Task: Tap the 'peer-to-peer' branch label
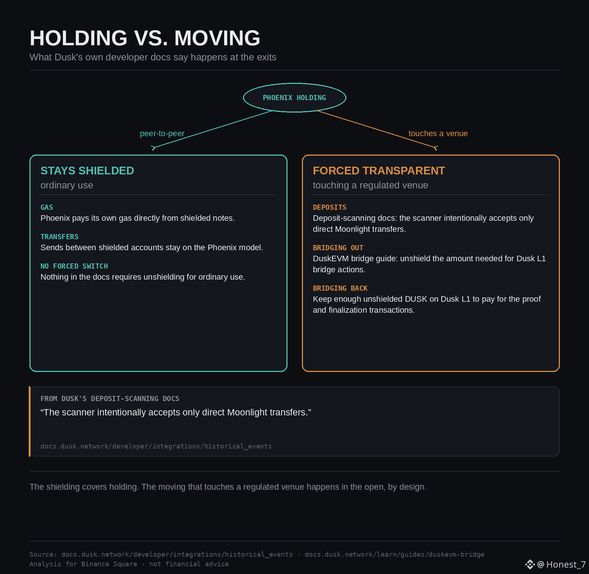pyautogui.click(x=162, y=134)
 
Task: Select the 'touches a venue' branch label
pyautogui.click(x=438, y=134)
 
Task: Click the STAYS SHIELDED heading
pyautogui.click(x=87, y=171)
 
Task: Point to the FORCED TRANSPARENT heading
pyautogui.click(x=379, y=171)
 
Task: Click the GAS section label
pyautogui.click(x=47, y=207)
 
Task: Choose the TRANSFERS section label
pyautogui.click(x=59, y=237)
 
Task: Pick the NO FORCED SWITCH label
pyautogui.click(x=74, y=266)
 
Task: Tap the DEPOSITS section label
pyautogui.click(x=329, y=207)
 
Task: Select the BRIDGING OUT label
pyautogui.click(x=338, y=248)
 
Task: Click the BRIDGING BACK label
pyautogui.click(x=340, y=288)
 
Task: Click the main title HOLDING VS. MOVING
pyautogui.click(x=145, y=38)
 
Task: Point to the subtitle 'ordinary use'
pyautogui.click(x=67, y=185)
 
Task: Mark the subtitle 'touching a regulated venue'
pyautogui.click(x=370, y=185)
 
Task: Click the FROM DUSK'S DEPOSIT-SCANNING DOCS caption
pyautogui.click(x=110, y=398)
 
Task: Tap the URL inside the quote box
pyautogui.click(x=156, y=446)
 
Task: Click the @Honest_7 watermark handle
pyautogui.click(x=561, y=564)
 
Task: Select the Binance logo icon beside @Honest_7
pyautogui.click(x=530, y=564)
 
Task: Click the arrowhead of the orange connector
pyautogui.click(x=435, y=148)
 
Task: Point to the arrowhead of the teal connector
pyautogui.click(x=154, y=148)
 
